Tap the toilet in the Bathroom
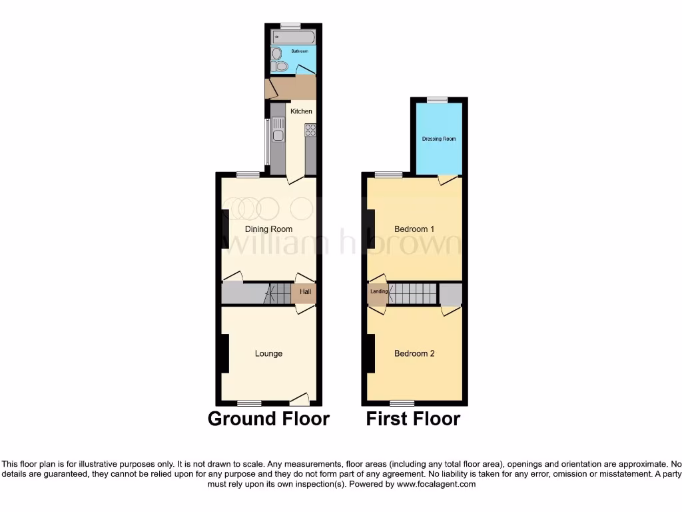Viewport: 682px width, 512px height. (x=281, y=66)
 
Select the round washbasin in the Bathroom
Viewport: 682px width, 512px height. (x=276, y=53)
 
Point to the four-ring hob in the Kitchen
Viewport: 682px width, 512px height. (x=310, y=131)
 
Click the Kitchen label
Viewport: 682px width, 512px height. (x=301, y=111)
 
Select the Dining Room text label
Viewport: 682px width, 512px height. (x=268, y=229)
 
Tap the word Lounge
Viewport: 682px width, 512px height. (x=268, y=353)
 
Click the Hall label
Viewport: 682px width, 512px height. (x=305, y=292)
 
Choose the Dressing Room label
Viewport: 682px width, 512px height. (x=439, y=139)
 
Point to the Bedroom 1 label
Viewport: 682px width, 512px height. (x=414, y=229)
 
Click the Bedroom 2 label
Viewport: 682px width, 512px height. (x=414, y=353)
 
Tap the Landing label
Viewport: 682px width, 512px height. (x=378, y=291)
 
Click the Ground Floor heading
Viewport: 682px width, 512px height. (x=268, y=419)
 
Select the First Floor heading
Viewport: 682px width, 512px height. (x=413, y=419)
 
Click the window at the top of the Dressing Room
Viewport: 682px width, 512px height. (x=438, y=100)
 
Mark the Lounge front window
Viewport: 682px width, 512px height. (x=249, y=403)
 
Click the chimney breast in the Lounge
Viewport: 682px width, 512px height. (x=225, y=353)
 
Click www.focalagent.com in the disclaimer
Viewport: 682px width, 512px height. (x=437, y=485)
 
